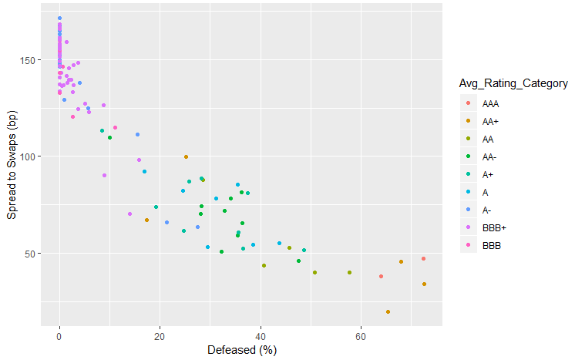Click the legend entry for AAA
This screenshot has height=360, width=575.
[x=490, y=103]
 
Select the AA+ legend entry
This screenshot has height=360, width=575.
[x=490, y=121]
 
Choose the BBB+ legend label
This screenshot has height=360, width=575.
[x=493, y=227]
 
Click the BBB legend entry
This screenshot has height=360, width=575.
[x=490, y=245]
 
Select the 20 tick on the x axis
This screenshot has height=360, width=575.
[x=160, y=337]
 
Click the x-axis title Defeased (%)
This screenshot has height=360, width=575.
[x=242, y=350]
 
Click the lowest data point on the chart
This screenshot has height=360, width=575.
[x=388, y=312]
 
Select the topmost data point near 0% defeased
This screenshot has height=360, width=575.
[x=59, y=19]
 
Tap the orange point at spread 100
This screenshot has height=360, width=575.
[x=186, y=157]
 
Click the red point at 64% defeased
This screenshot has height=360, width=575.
[x=381, y=276]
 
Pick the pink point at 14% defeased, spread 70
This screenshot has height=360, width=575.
[x=129, y=214]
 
